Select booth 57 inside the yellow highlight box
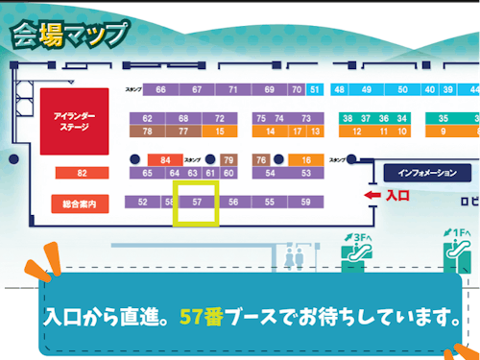pyautogui.click(x=197, y=203)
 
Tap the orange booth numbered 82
pyautogui.click(x=82, y=174)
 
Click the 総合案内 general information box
pyautogui.click(x=81, y=204)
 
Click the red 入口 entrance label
pyautogui.click(x=397, y=195)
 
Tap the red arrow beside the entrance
pyautogui.click(x=373, y=195)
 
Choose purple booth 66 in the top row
pyautogui.click(x=160, y=90)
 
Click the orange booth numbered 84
pyautogui.click(x=165, y=159)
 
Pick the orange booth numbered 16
pyautogui.click(x=306, y=159)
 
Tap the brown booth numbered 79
pyautogui.click(x=228, y=159)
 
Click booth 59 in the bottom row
pyautogui.click(x=305, y=203)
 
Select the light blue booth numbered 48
pyautogui.click(x=340, y=90)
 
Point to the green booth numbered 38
pyautogui.click(x=347, y=118)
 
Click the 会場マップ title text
pyautogui.click(x=68, y=34)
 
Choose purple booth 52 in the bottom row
pyautogui.click(x=143, y=203)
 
